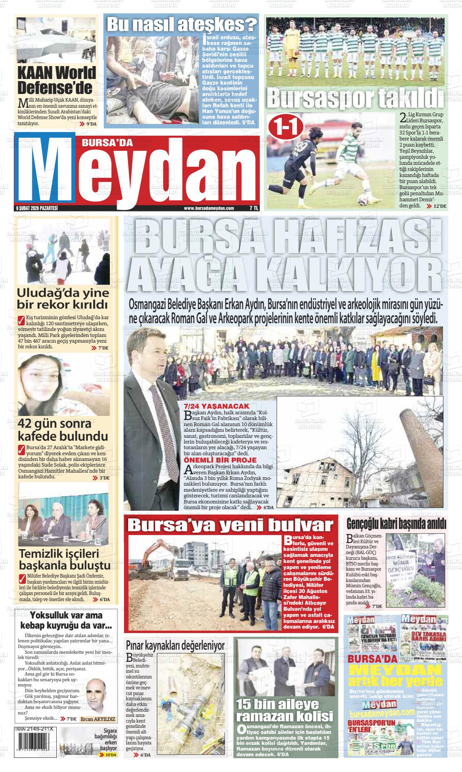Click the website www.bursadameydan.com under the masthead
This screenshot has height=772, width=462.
click(209, 208)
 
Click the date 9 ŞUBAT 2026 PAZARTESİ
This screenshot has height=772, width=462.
click(36, 208)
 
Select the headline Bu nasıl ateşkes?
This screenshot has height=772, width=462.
click(181, 24)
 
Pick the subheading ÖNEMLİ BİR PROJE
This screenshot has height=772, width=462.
click(220, 460)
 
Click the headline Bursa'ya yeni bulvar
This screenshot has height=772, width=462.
click(230, 525)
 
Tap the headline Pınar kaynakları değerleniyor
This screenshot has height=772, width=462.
click(175, 645)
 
